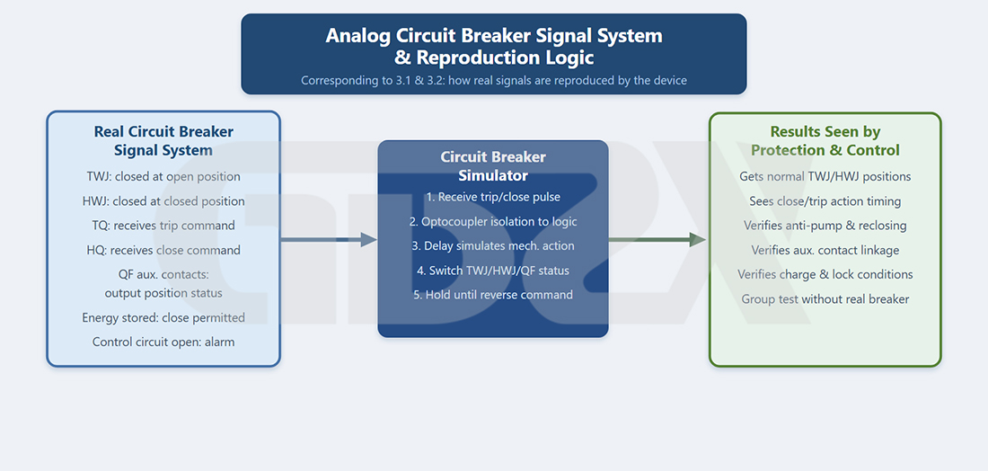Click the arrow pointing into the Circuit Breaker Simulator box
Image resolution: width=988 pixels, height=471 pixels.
328,240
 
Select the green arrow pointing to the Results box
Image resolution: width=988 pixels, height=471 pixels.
657,240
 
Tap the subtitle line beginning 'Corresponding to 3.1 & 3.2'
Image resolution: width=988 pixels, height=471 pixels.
493,81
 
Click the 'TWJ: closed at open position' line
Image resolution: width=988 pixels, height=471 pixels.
163,176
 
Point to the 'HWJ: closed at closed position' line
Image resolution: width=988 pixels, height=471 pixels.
163,201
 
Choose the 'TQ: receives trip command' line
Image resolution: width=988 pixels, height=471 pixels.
163,226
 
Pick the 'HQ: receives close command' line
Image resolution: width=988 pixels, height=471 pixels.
163,250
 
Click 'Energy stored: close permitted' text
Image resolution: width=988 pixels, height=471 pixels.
163,318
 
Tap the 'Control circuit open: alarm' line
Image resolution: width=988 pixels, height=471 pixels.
163,342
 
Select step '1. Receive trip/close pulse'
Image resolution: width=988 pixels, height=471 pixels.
493,197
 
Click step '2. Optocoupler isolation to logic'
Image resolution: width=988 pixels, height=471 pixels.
493,221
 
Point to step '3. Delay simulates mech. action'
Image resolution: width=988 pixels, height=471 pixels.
493,246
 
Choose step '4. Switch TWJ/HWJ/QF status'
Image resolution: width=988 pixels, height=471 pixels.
493,271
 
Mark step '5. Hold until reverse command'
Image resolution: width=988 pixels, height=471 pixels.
493,295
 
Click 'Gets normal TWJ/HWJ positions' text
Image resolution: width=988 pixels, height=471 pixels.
825,176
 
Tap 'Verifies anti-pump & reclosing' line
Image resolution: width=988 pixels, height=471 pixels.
825,226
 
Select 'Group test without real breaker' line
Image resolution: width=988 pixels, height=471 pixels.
825,298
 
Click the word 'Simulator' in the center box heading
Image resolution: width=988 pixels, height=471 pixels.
493,174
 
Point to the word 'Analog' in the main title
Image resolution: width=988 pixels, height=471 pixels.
358,36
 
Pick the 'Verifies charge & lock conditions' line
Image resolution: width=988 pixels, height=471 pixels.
825,275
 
